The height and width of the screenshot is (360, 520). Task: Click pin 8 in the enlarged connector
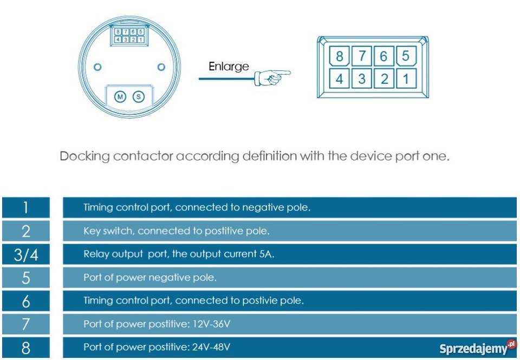coord(340,56)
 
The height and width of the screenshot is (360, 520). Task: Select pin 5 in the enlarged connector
coord(406,56)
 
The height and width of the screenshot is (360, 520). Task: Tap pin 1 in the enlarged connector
coord(406,79)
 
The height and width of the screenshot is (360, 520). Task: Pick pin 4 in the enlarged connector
coord(340,79)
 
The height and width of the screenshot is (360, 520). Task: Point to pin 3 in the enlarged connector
coord(362,79)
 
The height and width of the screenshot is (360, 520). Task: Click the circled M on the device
coord(120,96)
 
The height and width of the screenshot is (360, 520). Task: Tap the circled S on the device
coord(139,96)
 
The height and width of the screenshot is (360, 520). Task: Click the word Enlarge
coord(229,67)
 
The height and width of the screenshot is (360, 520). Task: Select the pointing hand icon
coord(272,77)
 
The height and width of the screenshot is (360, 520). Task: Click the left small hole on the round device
coord(97,67)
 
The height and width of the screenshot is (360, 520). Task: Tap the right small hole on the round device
coord(161,67)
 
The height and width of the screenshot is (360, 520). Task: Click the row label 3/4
coord(25,254)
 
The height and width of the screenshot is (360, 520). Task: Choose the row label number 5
coord(25,278)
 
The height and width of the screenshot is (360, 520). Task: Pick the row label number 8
coord(25,348)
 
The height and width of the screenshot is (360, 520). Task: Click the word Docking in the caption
coord(84,156)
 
